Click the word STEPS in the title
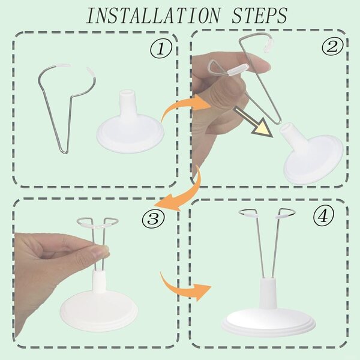click(259, 16)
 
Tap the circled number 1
click(161, 49)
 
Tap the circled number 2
click(332, 47)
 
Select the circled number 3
click(153, 218)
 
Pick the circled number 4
click(323, 216)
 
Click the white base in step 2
click(310, 154)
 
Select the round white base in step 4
click(268, 322)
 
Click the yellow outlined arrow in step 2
click(253, 122)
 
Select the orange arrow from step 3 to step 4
click(184, 287)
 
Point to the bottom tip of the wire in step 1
click(65, 152)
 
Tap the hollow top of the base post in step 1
click(127, 93)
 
